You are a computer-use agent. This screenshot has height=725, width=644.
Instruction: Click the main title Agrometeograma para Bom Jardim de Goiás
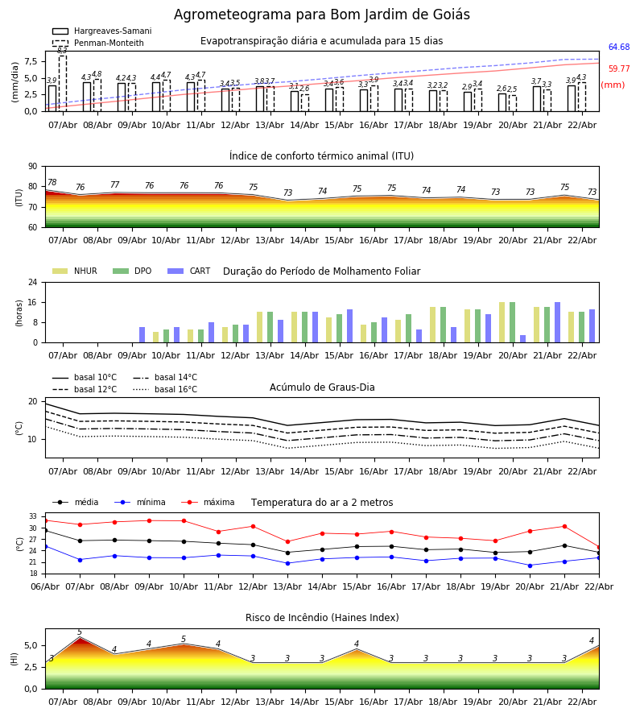tap(322, 15)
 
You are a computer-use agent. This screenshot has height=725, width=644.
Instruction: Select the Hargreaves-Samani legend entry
tap(101, 31)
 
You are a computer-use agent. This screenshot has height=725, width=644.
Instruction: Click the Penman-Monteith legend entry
tap(99, 43)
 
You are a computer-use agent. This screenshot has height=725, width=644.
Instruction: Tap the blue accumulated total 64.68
tap(618, 48)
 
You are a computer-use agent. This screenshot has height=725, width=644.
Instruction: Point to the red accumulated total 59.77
tap(618, 69)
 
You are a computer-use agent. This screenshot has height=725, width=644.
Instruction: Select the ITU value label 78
tap(52, 183)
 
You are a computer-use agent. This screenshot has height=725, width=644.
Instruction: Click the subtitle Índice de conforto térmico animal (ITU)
tap(322, 156)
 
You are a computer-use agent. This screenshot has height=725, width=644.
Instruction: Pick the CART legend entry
tap(189, 271)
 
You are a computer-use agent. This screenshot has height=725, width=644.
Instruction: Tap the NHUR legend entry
tap(75, 271)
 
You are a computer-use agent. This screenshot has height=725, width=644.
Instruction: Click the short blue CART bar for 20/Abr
tap(523, 338)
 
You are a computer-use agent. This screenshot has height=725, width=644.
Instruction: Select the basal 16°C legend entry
tap(165, 390)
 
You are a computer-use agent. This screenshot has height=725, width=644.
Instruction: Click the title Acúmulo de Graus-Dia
tap(322, 387)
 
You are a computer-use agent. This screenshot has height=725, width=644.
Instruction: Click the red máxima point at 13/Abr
tap(287, 541)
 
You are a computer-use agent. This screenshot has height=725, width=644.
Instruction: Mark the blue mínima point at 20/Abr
tap(530, 565)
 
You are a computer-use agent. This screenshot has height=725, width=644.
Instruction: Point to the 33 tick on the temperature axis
tap(33, 516)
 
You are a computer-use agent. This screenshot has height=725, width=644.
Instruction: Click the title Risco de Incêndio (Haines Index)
tap(322, 618)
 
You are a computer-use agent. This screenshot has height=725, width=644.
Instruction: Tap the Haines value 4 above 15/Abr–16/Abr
tap(357, 644)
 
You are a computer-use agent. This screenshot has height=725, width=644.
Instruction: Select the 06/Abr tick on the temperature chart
tap(45, 586)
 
